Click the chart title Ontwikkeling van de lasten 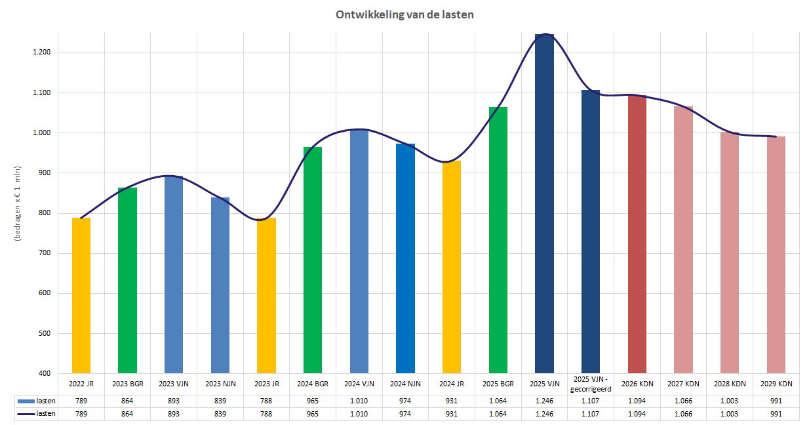pos(404,14)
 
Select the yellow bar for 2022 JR pos(81,295)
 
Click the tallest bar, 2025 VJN pos(544,203)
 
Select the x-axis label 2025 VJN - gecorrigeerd pos(591,384)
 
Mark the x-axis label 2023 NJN pos(220,384)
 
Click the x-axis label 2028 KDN pos(730,384)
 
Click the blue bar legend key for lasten pos(27,401)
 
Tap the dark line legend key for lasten pos(27,414)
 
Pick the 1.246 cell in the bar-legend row pos(544,401)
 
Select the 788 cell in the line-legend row pos(266,414)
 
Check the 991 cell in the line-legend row pos(776,414)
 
